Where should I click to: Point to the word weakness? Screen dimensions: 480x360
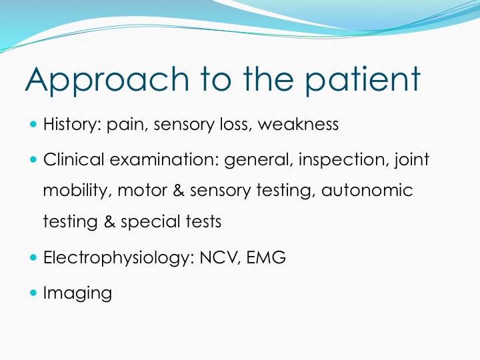(x=298, y=124)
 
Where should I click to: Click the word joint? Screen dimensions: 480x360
(x=411, y=160)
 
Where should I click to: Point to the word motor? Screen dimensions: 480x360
(x=143, y=191)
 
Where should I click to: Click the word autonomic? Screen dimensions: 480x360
(x=367, y=190)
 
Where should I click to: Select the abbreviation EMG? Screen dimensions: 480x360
(x=266, y=257)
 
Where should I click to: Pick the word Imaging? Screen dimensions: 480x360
(x=78, y=293)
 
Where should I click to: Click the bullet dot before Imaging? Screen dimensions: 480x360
(x=33, y=293)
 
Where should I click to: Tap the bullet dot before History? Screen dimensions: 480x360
(x=33, y=124)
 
